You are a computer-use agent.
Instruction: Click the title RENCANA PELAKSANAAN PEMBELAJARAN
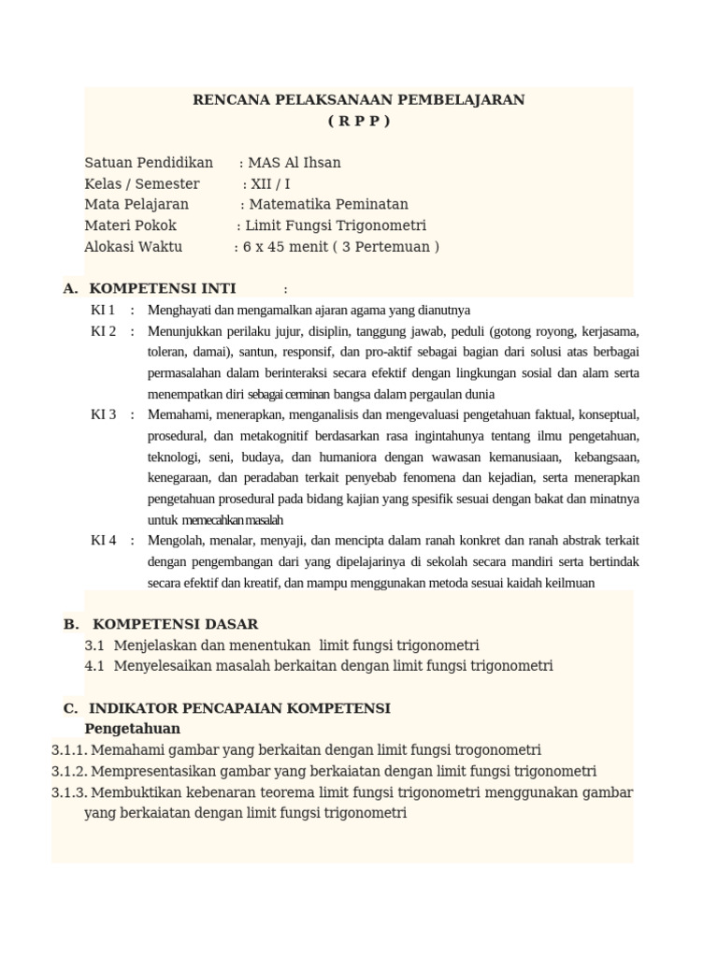[x=359, y=99]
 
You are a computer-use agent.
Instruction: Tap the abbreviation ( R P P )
[x=359, y=121]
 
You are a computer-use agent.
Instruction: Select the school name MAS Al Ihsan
[x=294, y=163]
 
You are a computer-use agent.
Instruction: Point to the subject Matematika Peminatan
[x=328, y=205]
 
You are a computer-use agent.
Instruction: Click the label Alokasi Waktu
[x=134, y=247]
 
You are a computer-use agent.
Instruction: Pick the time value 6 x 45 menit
[x=284, y=247]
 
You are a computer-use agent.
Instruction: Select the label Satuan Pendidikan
[x=149, y=163]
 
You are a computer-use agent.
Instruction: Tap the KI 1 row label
[x=103, y=310]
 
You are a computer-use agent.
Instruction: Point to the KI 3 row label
[x=103, y=414]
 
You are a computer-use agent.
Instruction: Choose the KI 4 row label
[x=103, y=540]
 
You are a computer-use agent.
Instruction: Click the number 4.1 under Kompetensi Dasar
[x=94, y=666]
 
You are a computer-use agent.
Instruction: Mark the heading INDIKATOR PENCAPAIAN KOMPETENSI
[x=239, y=708]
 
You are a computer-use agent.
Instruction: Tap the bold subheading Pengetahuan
[x=132, y=729]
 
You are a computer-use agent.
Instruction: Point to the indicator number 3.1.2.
[x=69, y=772]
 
